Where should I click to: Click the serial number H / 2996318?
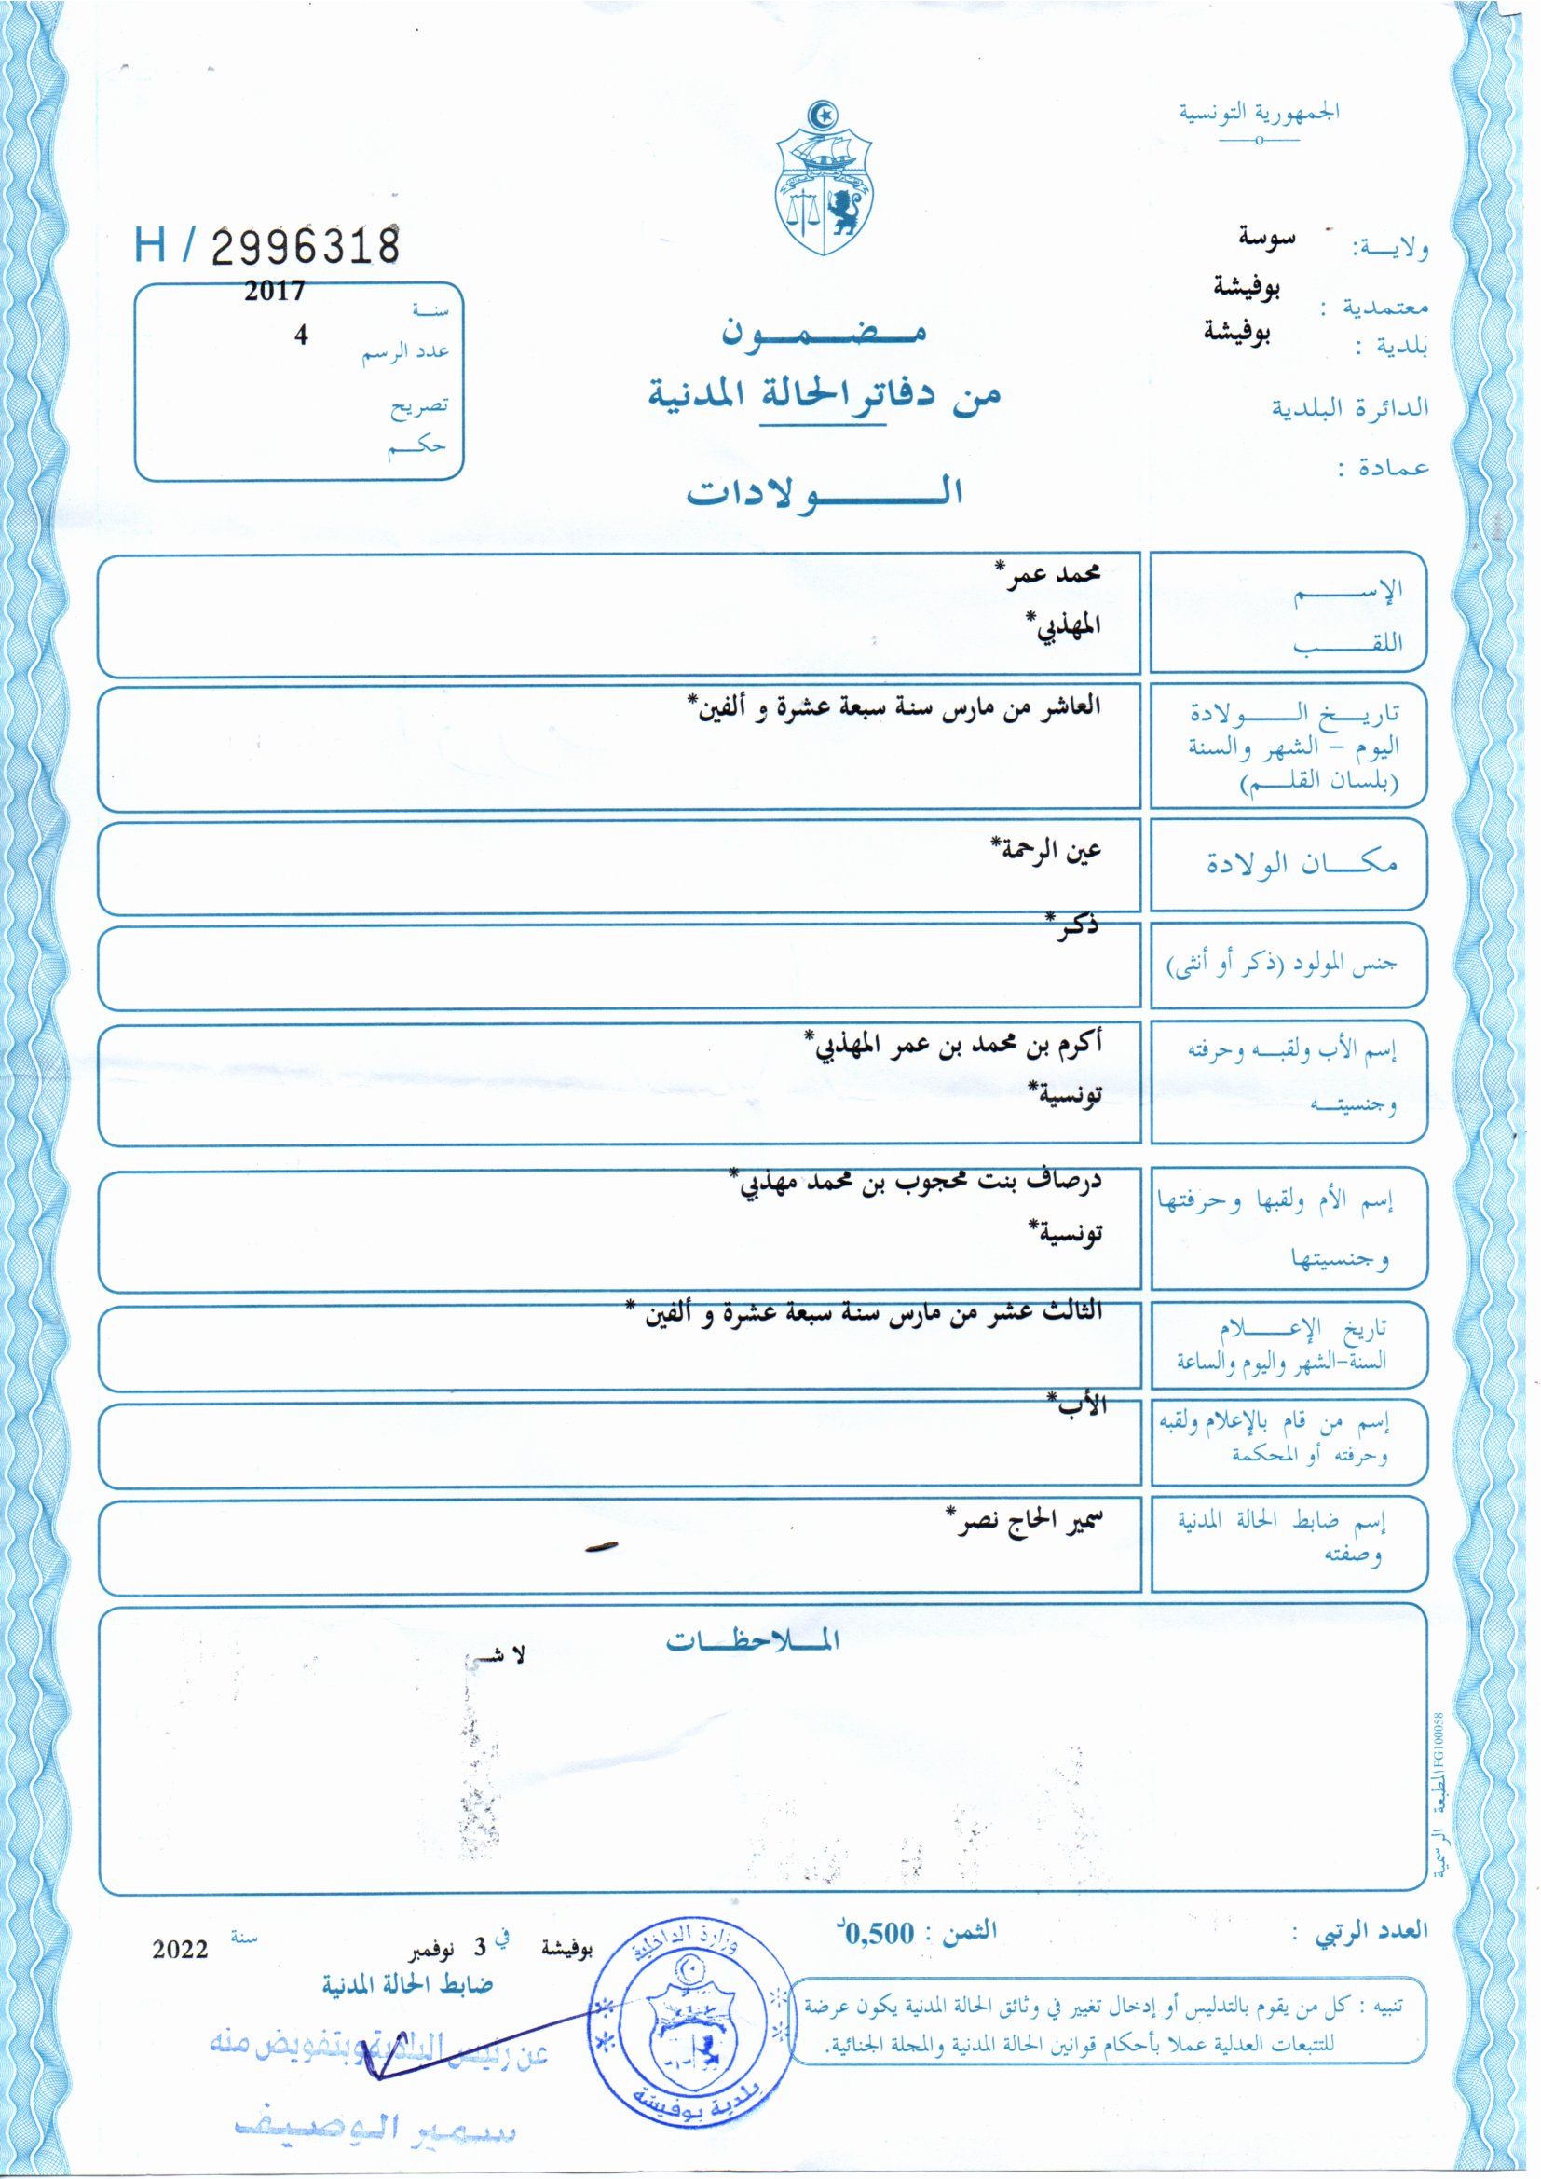266,245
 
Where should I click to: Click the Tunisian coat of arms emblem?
823,179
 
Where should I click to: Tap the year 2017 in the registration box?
274,291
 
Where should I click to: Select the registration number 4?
301,335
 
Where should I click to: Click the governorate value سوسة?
1266,239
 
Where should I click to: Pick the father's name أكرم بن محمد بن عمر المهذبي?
953,1045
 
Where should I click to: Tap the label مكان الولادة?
1301,864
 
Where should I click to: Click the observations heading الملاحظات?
753,1640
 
